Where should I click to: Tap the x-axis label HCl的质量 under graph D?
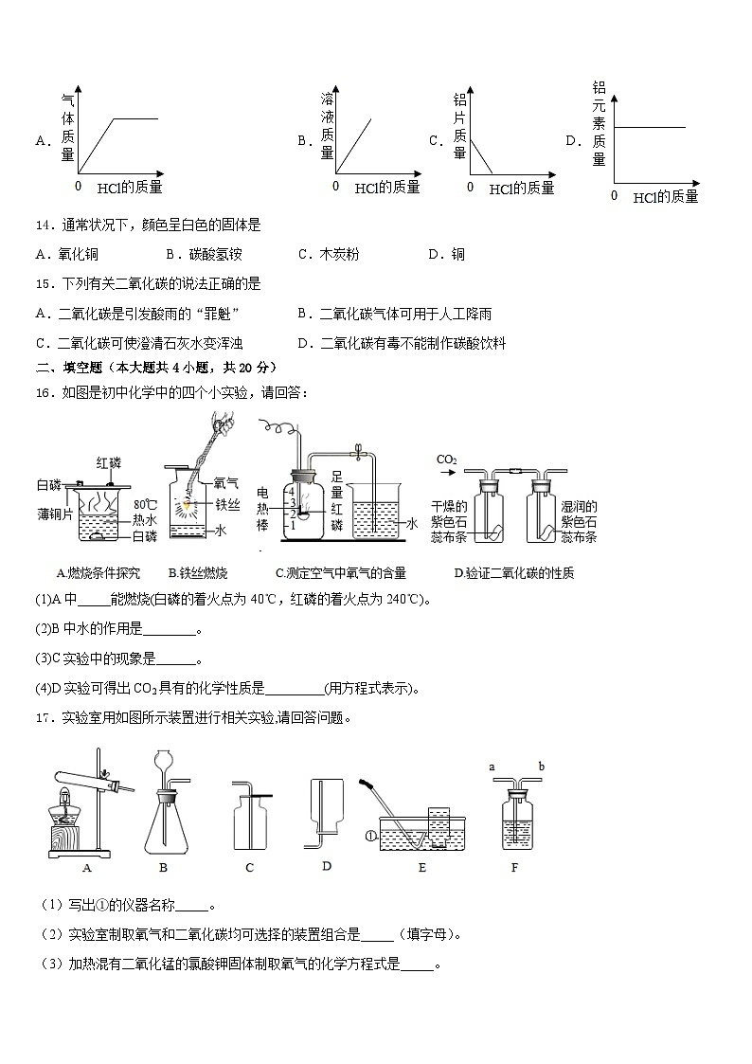point(665,197)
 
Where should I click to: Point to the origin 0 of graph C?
point(470,187)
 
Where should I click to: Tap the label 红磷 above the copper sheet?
point(109,462)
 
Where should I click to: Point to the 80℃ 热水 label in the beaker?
point(145,512)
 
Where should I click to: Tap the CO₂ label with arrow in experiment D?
point(448,461)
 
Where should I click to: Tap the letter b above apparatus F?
point(541,766)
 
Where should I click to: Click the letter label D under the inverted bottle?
point(326,865)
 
